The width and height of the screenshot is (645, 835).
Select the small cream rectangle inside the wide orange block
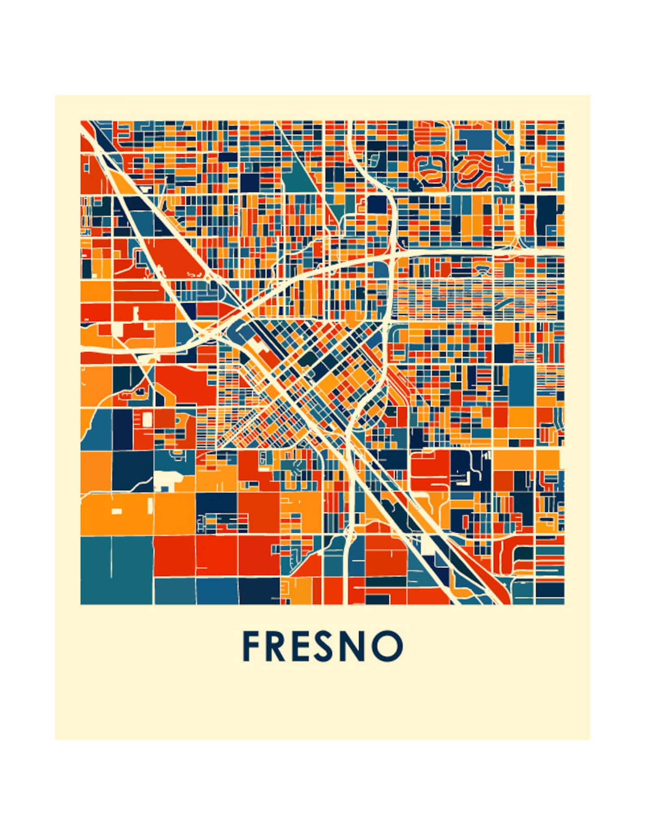coord(117,511)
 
